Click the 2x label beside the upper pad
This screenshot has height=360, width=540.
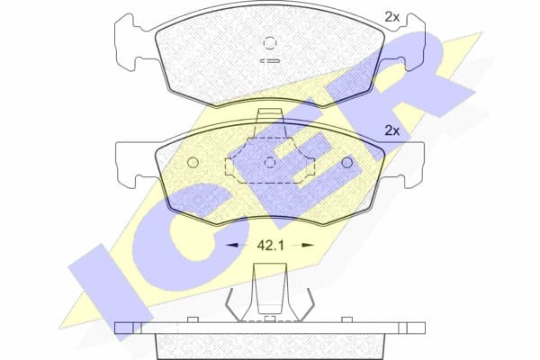pyautogui.click(x=392, y=16)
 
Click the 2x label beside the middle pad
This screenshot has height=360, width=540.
pyautogui.click(x=392, y=130)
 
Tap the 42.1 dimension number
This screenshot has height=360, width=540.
pyautogui.click(x=270, y=244)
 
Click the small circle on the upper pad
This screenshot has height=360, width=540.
pyautogui.click(x=270, y=42)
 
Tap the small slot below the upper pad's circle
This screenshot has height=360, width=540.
pyautogui.click(x=270, y=60)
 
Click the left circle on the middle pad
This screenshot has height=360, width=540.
pyautogui.click(x=193, y=163)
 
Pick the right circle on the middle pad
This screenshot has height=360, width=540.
pyautogui.click(x=347, y=163)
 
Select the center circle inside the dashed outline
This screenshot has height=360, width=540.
pyautogui.click(x=270, y=163)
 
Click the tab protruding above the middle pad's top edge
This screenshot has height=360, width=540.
pyautogui.click(x=270, y=115)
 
